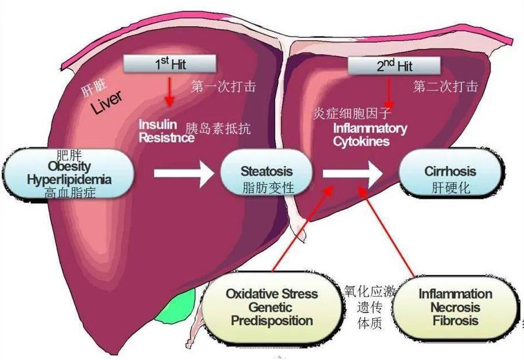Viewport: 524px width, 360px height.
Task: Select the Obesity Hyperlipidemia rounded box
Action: tap(69, 172)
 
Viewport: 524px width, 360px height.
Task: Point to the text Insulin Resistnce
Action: tap(161, 131)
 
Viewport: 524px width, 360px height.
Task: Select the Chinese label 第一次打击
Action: tap(223, 87)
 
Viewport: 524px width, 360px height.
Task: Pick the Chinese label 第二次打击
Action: tap(445, 86)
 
